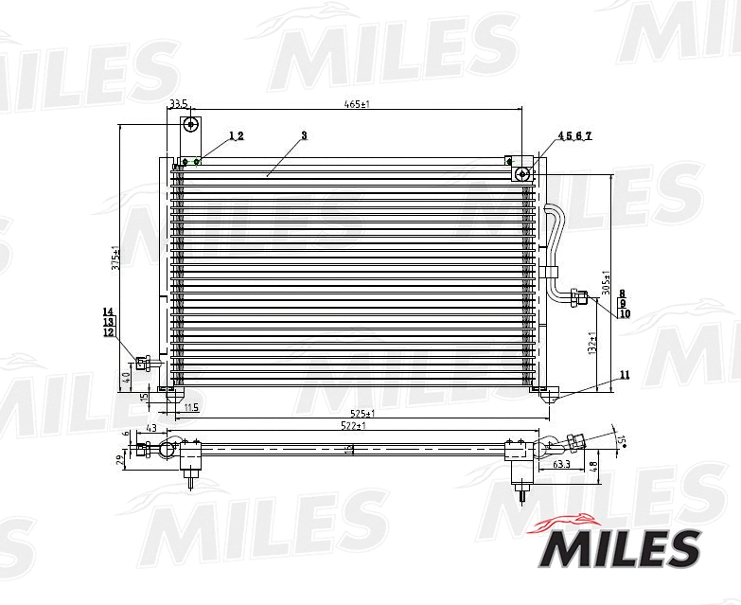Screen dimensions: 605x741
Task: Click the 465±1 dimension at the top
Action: click(356, 103)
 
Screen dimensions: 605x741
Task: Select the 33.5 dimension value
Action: click(178, 103)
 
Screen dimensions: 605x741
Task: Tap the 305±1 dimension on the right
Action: click(607, 281)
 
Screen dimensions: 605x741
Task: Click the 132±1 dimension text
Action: click(592, 344)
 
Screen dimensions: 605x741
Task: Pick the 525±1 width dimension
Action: click(362, 414)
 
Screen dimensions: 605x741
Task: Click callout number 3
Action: click(304, 136)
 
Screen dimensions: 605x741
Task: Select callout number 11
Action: click(624, 375)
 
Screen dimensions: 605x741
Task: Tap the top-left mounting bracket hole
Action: click(191, 124)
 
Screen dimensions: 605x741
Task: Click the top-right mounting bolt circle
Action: click(521, 173)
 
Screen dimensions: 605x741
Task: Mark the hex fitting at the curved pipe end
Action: click(579, 299)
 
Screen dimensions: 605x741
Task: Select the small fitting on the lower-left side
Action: click(144, 362)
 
